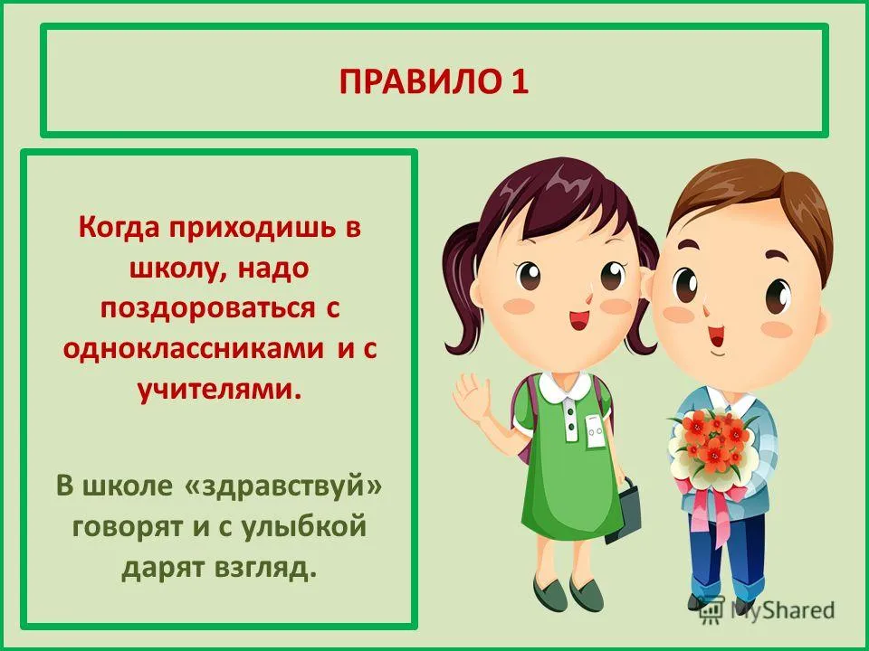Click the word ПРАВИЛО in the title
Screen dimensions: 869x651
click(x=417, y=82)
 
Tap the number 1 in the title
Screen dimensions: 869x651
click(x=519, y=82)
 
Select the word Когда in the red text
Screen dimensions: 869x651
click(x=119, y=228)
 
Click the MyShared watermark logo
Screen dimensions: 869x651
click(x=767, y=610)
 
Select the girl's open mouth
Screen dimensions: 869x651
click(x=579, y=320)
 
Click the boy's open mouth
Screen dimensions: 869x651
click(x=715, y=335)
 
